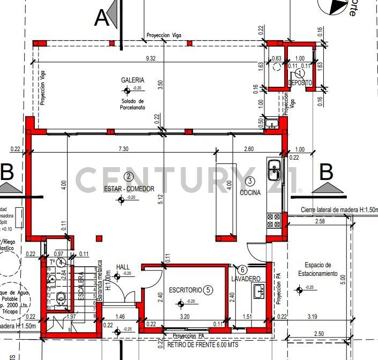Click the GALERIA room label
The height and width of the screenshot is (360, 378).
click(132, 80)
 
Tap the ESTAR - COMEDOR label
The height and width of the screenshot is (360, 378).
click(129, 189)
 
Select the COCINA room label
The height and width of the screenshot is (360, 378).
click(250, 192)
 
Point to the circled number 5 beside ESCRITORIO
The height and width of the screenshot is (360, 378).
click(209, 290)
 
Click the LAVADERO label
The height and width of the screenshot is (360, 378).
click(246, 279)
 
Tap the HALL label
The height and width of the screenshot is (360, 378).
click(123, 266)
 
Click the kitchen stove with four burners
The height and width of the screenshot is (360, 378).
click(274, 220)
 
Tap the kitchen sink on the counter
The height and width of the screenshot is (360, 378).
click(274, 171)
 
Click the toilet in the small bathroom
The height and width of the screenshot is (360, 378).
click(61, 297)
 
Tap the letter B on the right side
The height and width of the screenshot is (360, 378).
click(326, 173)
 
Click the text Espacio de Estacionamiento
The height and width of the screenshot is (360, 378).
click(321, 269)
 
